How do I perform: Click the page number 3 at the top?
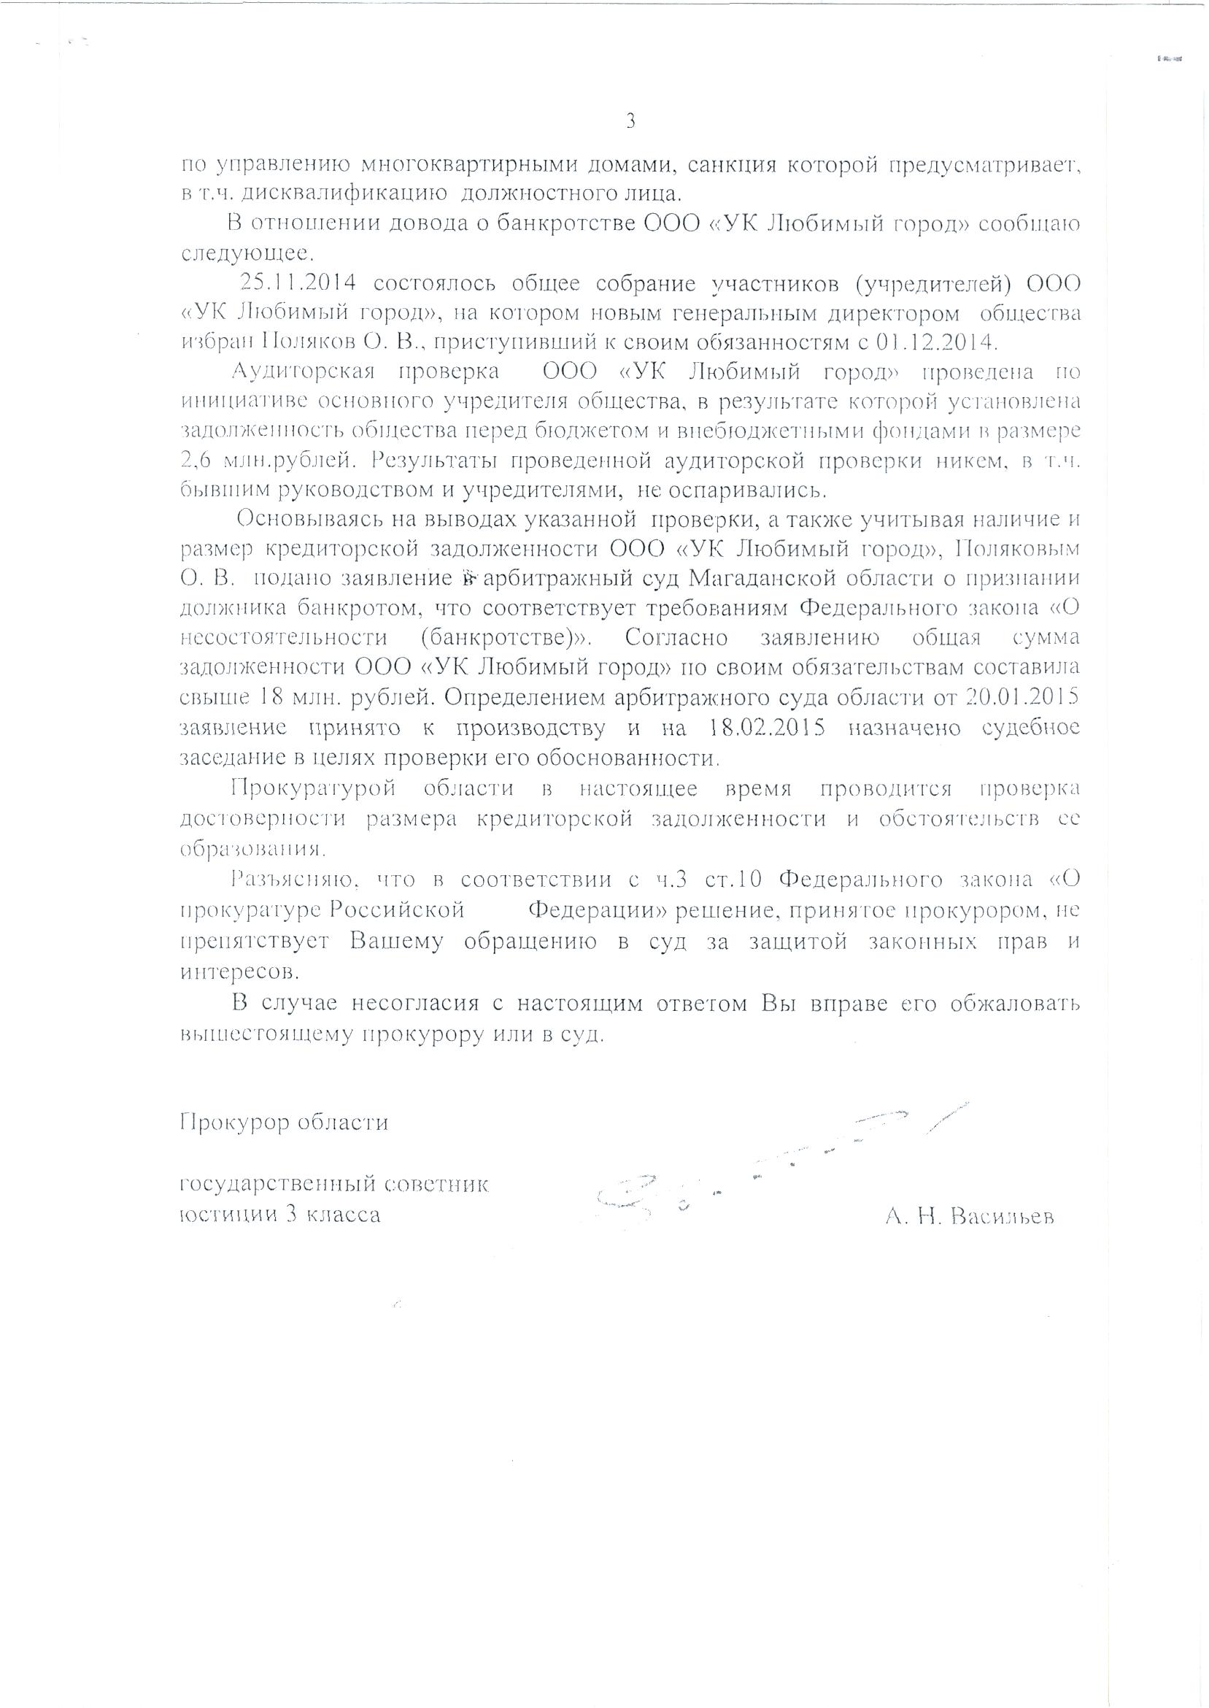pyautogui.click(x=630, y=121)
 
